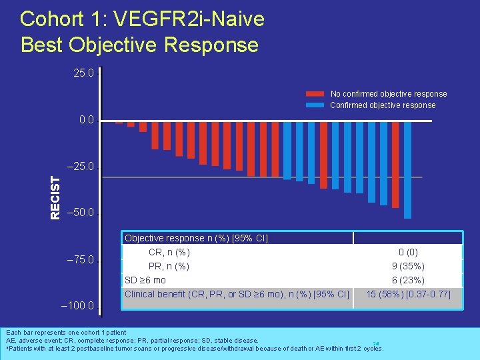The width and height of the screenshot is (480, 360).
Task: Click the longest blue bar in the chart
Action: tap(407, 170)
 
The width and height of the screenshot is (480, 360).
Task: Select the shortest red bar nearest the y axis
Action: tap(119, 123)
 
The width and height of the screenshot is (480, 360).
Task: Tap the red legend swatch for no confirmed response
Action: tap(315, 94)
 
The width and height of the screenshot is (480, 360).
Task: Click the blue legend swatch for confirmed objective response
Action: tap(315, 105)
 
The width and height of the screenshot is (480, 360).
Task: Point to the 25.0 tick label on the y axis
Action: tap(83, 73)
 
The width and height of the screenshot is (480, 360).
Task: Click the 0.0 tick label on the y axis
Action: tap(86, 121)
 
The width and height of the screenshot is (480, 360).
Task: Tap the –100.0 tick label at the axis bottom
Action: tap(78, 307)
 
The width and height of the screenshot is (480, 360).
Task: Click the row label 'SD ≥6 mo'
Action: tap(145, 280)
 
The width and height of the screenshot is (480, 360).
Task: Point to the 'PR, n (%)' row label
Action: tap(169, 266)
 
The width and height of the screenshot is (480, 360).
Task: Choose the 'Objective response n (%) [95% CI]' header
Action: tap(196, 238)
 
